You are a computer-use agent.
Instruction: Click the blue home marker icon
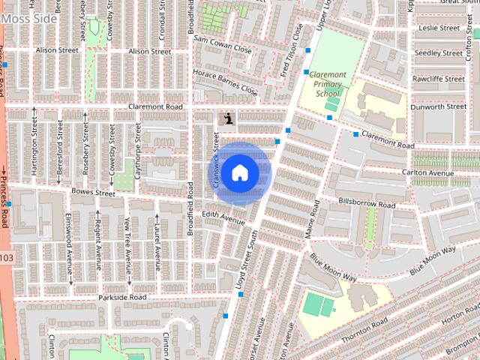[x=239, y=172]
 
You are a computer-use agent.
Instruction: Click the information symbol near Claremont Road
[x=226, y=117]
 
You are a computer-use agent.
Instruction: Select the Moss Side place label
[x=28, y=17]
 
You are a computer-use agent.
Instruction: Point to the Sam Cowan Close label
[x=222, y=43]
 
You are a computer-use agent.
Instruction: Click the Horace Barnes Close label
[x=224, y=83]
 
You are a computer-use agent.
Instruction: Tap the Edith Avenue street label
[x=224, y=217]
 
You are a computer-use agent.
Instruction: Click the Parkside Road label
[x=122, y=298]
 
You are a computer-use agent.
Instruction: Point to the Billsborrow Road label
[x=367, y=203]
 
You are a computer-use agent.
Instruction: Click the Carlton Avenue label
[x=428, y=173]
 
